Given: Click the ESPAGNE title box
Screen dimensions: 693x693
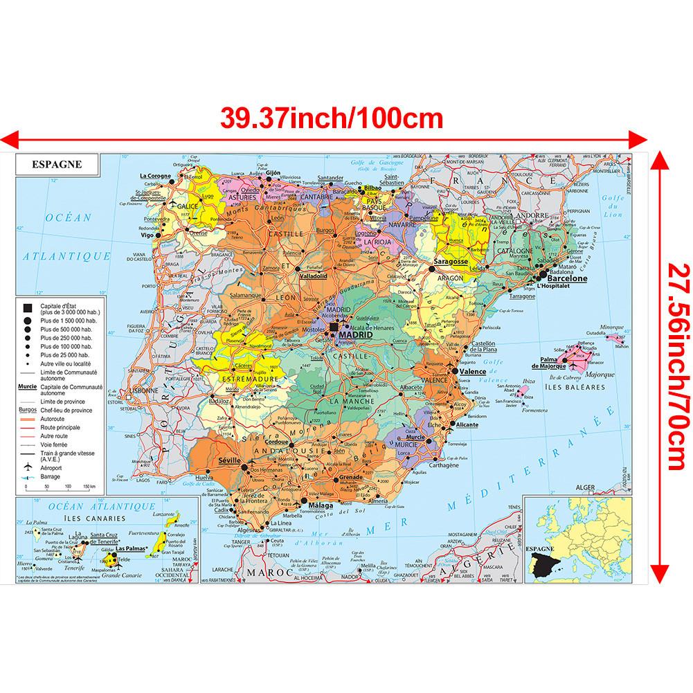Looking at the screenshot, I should (57, 165).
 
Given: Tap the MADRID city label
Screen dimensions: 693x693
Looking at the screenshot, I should (354, 335).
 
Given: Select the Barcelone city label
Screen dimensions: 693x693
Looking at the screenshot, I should (567, 278).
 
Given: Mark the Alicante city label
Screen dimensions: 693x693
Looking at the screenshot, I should (467, 424).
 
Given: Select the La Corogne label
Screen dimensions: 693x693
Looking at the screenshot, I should (155, 176).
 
